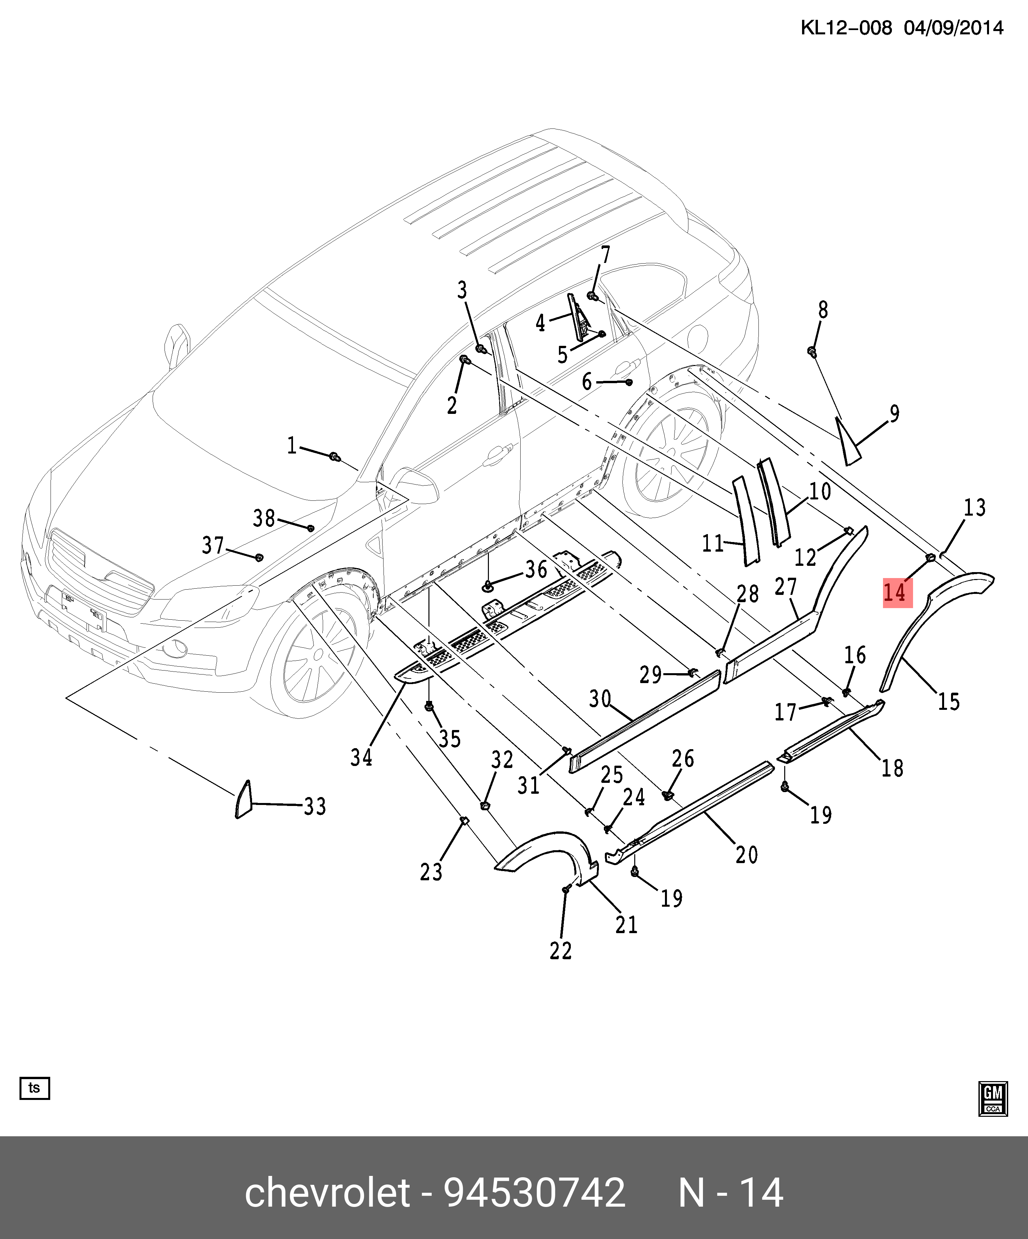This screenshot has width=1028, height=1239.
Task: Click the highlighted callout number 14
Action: point(897,592)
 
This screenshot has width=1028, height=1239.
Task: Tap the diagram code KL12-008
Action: point(846,28)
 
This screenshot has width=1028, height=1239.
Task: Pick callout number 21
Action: point(626,925)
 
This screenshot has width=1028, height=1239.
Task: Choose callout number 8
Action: point(823,310)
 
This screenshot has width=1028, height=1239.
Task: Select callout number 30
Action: point(600,699)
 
